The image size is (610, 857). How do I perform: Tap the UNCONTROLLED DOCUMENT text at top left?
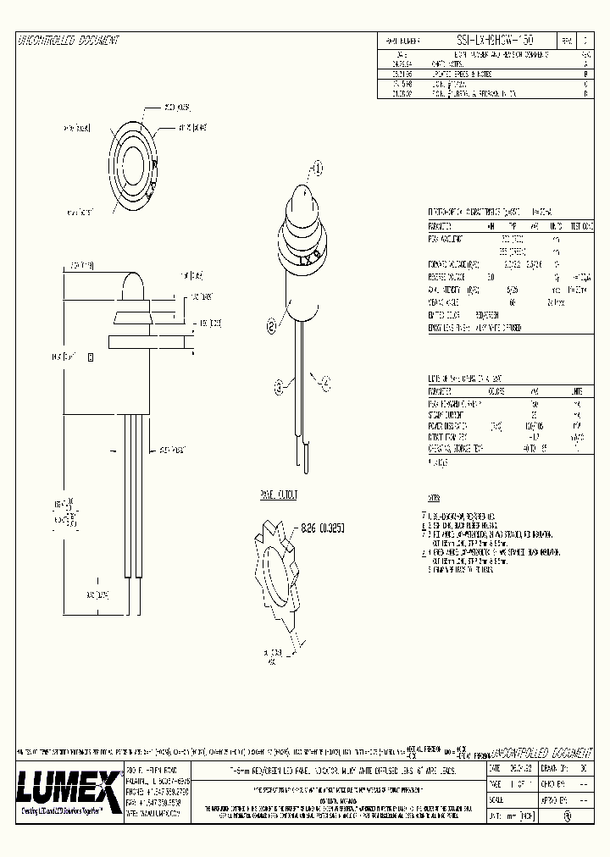[68, 41]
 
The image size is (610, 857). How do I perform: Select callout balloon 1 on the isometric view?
[318, 168]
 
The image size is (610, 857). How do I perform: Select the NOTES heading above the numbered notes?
[435, 499]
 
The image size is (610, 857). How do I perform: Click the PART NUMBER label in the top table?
[404, 41]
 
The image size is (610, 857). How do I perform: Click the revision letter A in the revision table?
[586, 63]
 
